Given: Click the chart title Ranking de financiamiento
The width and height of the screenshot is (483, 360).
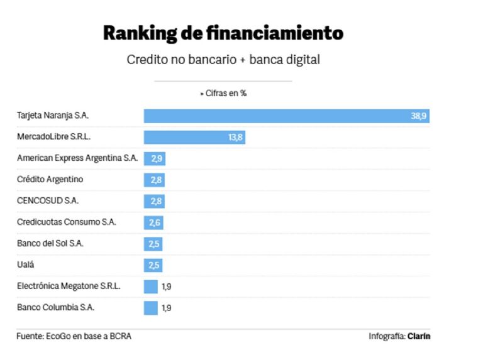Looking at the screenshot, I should click(x=223, y=33).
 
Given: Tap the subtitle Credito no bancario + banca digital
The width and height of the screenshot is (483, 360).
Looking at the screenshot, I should click(x=223, y=60).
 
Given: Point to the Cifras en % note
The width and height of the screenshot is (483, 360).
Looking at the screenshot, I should click(x=223, y=93).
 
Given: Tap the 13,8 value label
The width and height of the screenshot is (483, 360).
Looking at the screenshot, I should click(x=235, y=137).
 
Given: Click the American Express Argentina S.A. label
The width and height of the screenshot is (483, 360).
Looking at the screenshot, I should click(x=77, y=158).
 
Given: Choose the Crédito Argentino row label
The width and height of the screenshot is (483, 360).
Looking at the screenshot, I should click(x=50, y=180).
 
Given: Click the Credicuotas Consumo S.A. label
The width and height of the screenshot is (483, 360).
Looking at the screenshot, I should click(x=67, y=222).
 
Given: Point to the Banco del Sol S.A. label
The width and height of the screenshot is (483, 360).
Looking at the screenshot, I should click(x=50, y=244).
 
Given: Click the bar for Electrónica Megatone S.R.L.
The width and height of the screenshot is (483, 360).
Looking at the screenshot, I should click(x=150, y=286).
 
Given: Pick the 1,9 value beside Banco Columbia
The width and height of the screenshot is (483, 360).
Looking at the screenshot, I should click(x=167, y=308).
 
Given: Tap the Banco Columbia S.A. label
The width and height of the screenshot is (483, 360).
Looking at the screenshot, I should click(x=56, y=308).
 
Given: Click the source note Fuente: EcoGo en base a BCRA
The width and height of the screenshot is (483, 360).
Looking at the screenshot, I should click(x=74, y=337).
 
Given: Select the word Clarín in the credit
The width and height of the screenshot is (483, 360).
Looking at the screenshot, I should click(x=419, y=337).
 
